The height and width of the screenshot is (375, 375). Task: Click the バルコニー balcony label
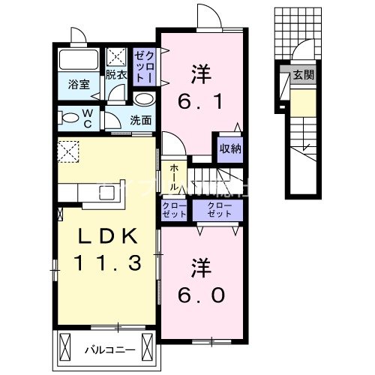point(103,349)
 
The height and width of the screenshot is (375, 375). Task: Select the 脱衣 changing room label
point(115,75)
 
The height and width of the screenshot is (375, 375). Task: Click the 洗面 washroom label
point(140,119)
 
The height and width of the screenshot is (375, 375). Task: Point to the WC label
point(88,118)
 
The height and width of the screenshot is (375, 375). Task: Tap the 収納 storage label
point(230,148)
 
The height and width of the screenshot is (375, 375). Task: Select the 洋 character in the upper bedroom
point(199,73)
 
